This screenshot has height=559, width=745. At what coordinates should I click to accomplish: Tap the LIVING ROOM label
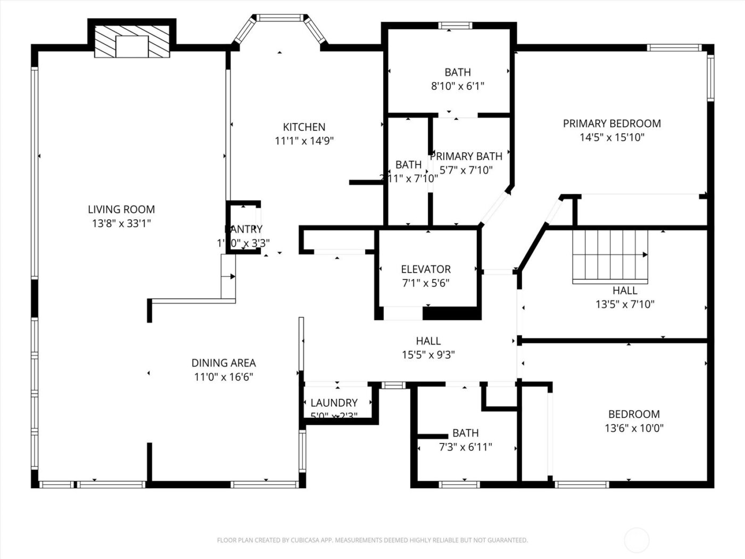[121, 210]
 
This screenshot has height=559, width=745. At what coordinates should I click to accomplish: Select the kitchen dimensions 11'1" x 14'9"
[304, 141]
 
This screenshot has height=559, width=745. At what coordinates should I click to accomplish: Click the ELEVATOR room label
[426, 269]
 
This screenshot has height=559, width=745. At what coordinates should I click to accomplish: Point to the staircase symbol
[610, 256]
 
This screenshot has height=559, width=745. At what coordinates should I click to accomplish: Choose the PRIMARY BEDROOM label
[612, 124]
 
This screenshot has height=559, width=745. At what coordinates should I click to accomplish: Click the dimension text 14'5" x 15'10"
[612, 137]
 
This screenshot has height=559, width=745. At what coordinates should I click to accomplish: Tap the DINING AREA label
[223, 363]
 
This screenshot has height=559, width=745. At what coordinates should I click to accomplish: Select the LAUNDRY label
[334, 403]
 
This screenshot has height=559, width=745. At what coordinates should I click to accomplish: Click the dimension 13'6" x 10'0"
[634, 428]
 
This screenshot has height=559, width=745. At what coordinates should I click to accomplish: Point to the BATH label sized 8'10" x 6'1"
[458, 72]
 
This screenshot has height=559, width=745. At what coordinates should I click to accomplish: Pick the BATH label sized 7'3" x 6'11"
[465, 433]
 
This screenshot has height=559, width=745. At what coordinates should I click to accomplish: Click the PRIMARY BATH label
[466, 157]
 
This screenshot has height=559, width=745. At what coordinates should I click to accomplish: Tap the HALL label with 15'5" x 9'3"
[428, 341]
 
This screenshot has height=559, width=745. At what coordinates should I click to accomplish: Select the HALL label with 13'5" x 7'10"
[625, 291]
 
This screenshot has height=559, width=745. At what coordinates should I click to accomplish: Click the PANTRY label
[243, 229]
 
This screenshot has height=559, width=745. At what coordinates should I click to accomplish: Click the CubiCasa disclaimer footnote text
[372, 540]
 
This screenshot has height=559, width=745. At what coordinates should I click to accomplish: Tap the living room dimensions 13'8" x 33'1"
[121, 224]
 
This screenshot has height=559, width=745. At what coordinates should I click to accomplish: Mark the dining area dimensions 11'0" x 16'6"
[223, 377]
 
